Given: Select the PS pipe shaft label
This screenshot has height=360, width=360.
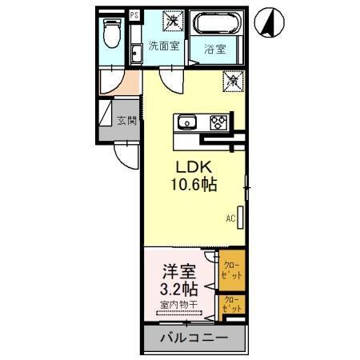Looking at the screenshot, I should (x=134, y=15).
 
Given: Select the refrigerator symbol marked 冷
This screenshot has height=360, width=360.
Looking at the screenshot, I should (x=232, y=82).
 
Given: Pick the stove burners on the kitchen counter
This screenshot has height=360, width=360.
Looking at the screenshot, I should (x=218, y=122).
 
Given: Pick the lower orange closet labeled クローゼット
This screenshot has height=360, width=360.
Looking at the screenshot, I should (x=232, y=305).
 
